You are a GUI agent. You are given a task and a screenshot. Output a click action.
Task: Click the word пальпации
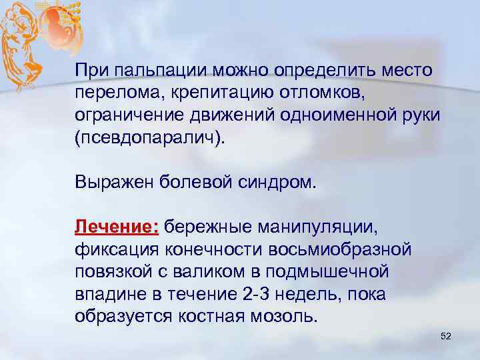coord(153,70)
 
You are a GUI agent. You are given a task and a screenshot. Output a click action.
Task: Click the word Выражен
coord(114,183)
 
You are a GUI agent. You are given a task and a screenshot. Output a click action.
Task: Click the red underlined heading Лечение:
coord(116,227)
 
